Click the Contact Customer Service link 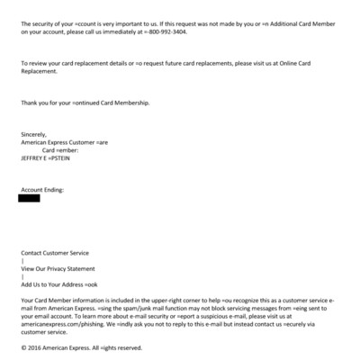(55, 254)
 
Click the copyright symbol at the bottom (22, 347)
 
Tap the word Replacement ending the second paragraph (41, 71)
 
